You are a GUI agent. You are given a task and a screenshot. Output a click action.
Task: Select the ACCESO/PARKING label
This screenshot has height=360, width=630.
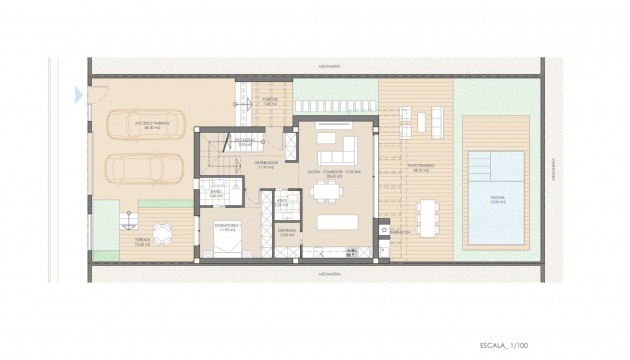point(152,124)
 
